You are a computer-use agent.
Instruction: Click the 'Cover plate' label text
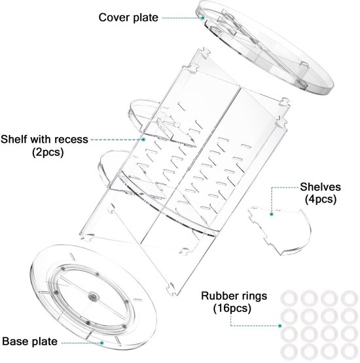128,18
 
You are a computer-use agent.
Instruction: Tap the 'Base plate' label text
30,341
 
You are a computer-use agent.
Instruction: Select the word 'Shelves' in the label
320,187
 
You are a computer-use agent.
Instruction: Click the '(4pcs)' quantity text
321,199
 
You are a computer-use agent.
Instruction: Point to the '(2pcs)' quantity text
48,152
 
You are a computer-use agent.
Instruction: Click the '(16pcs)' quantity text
232,308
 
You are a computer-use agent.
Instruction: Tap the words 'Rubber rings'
234,296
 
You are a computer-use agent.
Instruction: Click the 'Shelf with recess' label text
45,140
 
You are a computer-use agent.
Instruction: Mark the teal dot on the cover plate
203,18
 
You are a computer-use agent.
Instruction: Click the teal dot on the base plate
101,343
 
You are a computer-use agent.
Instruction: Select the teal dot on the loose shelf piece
272,214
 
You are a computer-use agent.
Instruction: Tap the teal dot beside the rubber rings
279,326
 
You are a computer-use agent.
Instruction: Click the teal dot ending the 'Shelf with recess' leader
143,140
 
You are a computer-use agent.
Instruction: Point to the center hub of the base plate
94,297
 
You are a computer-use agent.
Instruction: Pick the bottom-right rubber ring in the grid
350,353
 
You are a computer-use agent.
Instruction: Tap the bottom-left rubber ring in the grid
289,353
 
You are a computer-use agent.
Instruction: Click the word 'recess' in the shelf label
71,140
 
